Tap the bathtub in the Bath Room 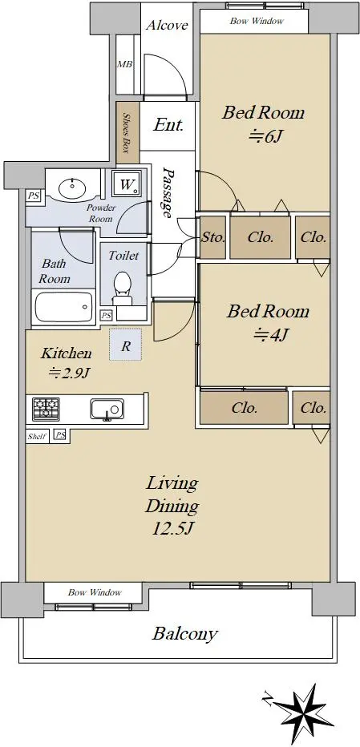click(64, 307)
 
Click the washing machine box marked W click(126, 184)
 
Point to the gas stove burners click(46, 409)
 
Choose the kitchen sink click(107, 410)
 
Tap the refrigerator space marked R click(125, 344)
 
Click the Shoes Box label click(127, 132)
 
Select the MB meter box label click(125, 64)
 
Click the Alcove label click(167, 25)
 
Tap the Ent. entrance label click(168, 125)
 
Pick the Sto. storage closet click(212, 237)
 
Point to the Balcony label click(185, 634)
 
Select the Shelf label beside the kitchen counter click(36, 435)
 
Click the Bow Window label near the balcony click(95, 592)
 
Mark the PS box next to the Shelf click(60, 435)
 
